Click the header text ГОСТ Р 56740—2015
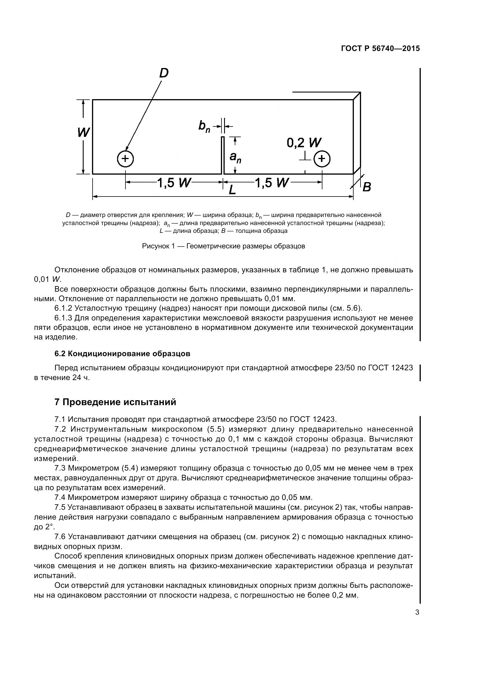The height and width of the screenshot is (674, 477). [380, 49]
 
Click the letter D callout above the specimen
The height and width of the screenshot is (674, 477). [164, 73]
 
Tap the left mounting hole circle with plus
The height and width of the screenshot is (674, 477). [125, 159]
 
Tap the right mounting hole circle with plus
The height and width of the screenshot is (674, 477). [322, 159]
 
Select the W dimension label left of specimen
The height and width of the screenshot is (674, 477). [83, 133]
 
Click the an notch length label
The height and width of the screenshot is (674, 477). [235, 157]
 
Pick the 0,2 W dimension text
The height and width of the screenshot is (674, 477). [304, 143]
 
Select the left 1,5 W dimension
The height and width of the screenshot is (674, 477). [174, 183]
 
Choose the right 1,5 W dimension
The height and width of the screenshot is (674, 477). [272, 183]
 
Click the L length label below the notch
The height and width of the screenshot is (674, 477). [232, 190]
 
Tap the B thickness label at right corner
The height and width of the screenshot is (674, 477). [367, 187]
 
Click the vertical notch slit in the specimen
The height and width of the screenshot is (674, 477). [223, 156]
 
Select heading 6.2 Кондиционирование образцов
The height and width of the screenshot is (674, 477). [122, 354]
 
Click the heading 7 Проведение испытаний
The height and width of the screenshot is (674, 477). [115, 402]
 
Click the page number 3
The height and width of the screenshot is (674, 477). [417, 613]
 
